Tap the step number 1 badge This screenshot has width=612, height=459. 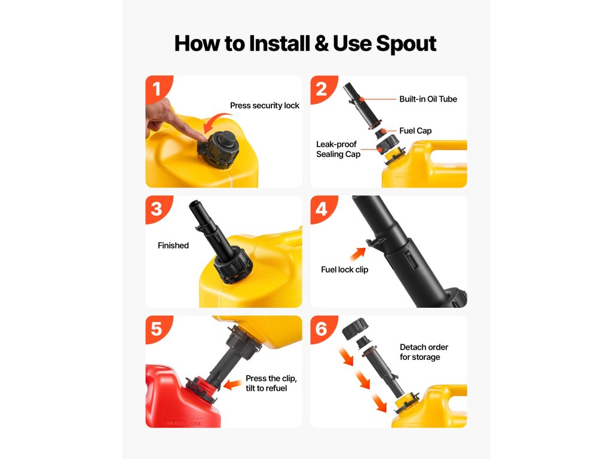point(157,88)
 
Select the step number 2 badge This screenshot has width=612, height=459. point(322,88)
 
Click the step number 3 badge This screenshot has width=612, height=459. point(157,209)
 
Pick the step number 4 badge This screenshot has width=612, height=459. point(322,209)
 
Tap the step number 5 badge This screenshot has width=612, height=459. point(157,329)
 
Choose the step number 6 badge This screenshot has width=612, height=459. point(322,329)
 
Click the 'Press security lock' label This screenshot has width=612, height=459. point(265,105)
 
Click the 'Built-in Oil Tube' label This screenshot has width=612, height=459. point(428,99)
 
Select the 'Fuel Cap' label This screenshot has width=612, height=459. point(415,131)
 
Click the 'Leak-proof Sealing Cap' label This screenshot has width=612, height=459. point(338,149)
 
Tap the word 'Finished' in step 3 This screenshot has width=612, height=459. point(173,246)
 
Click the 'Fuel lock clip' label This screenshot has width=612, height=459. point(345,270)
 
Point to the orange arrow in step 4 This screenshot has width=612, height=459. point(358,253)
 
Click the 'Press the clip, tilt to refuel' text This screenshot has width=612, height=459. point(271,383)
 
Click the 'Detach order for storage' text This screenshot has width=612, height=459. point(424,352)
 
